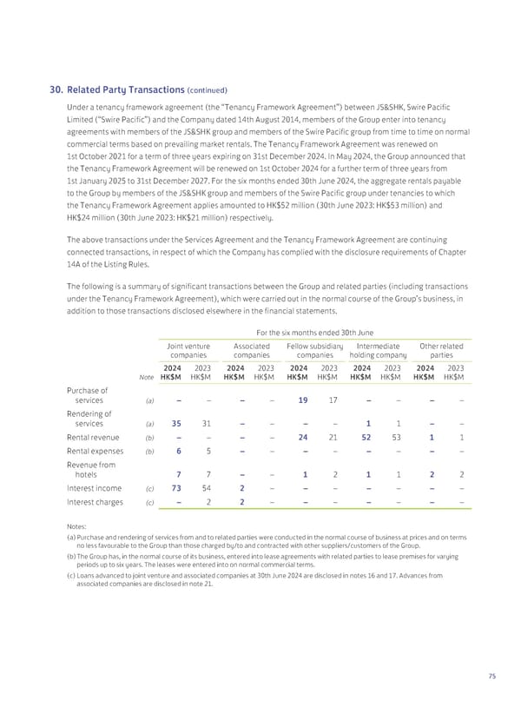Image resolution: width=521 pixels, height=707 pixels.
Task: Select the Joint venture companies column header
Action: (x=188, y=351)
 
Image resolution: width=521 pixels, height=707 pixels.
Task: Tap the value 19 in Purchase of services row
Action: (x=302, y=400)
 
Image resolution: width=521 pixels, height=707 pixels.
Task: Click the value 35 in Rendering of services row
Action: (x=176, y=424)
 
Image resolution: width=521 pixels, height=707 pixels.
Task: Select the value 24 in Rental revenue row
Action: (x=303, y=439)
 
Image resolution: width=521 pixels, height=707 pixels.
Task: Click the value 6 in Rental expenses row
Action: (x=178, y=451)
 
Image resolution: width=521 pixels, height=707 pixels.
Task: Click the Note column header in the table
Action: (x=147, y=376)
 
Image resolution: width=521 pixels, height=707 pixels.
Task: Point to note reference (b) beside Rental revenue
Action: (x=148, y=439)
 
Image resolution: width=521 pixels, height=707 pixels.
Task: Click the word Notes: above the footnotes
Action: (x=76, y=526)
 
